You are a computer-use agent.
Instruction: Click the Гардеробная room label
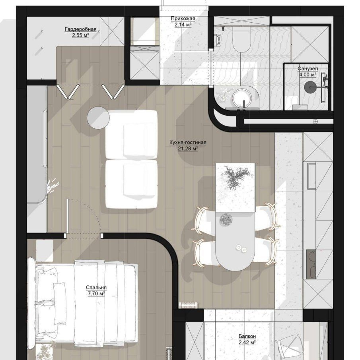(80, 29)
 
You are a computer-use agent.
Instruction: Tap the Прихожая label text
(183, 19)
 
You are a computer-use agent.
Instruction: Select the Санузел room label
(307, 69)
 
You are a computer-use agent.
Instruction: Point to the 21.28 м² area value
(188, 149)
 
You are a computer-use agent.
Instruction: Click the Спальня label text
(96, 287)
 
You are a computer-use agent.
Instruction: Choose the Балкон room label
(247, 336)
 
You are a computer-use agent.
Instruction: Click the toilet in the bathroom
(241, 39)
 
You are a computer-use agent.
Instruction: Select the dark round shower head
(310, 87)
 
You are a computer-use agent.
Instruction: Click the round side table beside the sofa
(98, 118)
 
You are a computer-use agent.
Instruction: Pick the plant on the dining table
(235, 177)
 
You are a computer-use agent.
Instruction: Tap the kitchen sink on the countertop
(311, 176)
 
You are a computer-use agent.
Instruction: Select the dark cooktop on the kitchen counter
(311, 265)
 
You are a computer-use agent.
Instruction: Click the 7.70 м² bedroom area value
(96, 293)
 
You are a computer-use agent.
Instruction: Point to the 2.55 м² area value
(80, 35)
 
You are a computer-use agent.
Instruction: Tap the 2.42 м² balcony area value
(247, 343)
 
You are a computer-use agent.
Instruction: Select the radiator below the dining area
(189, 305)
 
